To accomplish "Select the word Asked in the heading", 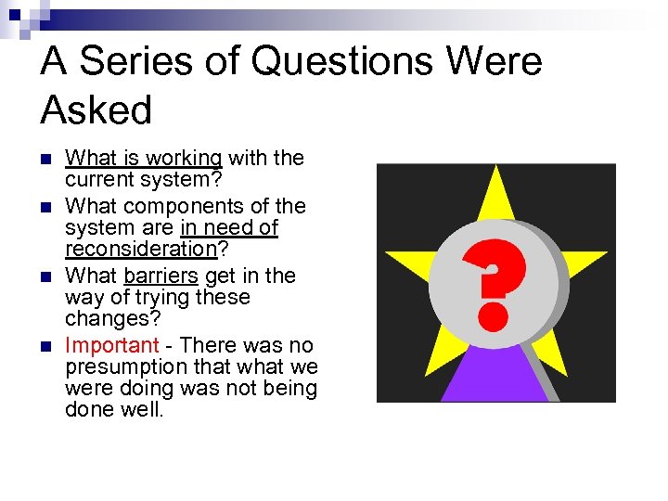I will (x=96, y=110).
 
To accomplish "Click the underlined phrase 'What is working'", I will (x=144, y=159).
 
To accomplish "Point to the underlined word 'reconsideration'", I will (x=140, y=249).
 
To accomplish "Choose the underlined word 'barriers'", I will (x=161, y=276).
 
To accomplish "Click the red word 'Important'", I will (x=112, y=345).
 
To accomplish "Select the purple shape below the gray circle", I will (x=495, y=376).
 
